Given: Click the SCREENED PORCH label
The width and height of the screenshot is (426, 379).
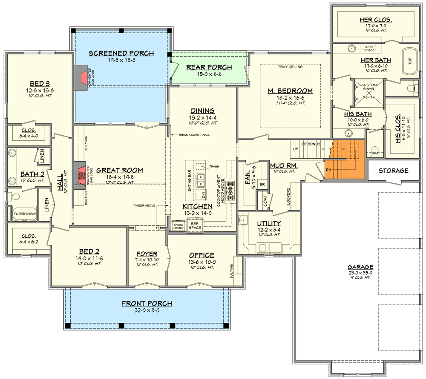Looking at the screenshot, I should click(x=121, y=53).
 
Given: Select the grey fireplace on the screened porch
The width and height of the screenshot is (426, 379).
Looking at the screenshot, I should click(x=80, y=78).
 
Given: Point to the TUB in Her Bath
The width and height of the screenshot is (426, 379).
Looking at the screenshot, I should click(x=410, y=62).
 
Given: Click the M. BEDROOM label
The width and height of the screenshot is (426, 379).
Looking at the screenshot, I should click(x=290, y=91).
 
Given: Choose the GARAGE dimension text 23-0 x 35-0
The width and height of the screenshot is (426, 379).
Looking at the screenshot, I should click(x=360, y=273).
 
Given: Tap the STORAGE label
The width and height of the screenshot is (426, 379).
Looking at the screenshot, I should click(x=393, y=171).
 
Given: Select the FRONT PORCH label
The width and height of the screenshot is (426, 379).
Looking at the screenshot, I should click(x=147, y=303).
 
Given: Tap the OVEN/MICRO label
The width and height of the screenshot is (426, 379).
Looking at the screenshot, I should click(x=178, y=226).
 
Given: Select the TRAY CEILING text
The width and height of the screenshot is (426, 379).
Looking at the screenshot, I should click(x=290, y=67).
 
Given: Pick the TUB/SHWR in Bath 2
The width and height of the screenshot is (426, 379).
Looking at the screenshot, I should click(x=23, y=214).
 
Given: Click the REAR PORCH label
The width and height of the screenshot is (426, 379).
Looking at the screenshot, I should click(x=209, y=67).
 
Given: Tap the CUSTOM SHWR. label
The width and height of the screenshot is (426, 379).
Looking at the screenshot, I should click(x=369, y=87).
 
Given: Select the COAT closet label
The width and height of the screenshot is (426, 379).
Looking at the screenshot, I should click(x=265, y=202).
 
